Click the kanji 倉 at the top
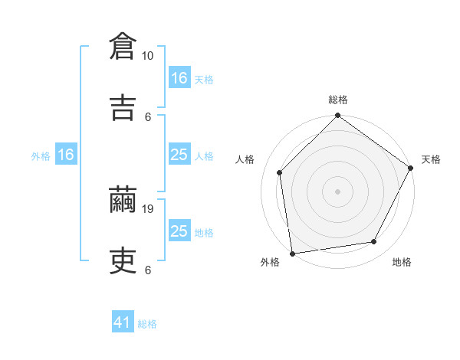click(123, 47)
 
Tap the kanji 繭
click(123, 200)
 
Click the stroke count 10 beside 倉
click(147, 56)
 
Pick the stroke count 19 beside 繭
click(149, 209)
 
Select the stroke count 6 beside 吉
click(149, 116)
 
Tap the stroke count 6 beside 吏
click(148, 270)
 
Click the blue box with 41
click(123, 322)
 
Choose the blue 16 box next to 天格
click(179, 78)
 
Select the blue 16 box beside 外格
click(66, 155)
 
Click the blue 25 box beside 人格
click(179, 155)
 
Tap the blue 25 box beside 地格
click(179, 231)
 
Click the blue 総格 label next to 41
click(147, 324)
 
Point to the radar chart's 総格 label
click(338, 100)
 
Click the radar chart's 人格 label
click(245, 159)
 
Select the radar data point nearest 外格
click(292, 253)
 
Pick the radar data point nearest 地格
click(374, 242)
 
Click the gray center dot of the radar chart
click(337, 191)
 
